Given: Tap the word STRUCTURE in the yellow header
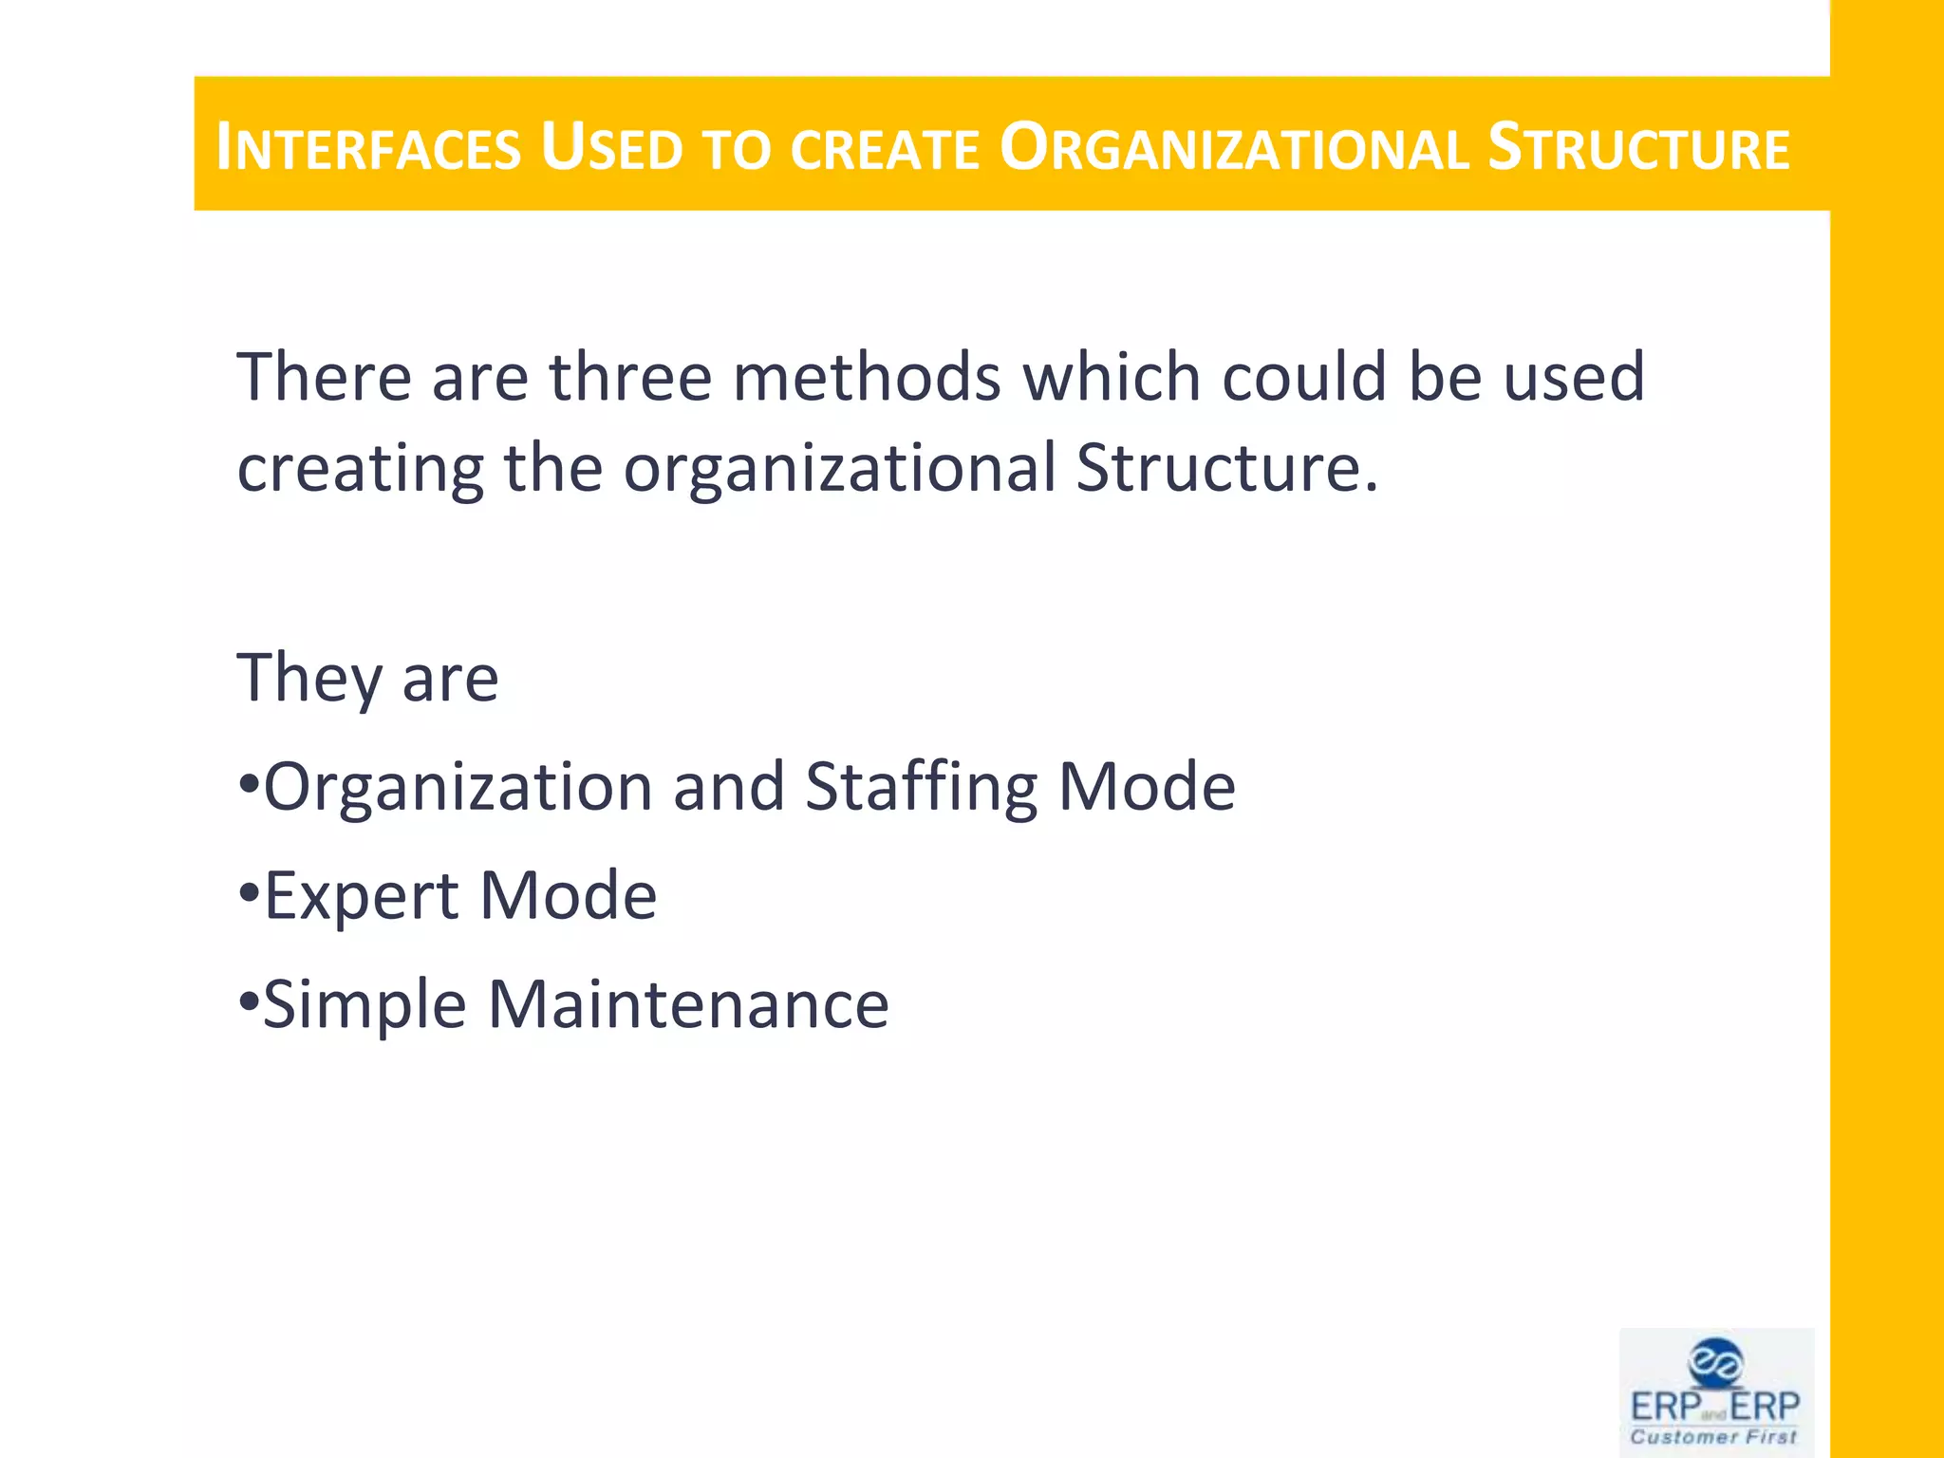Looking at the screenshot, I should pos(1638,148).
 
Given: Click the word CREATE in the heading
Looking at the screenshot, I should pos(884,150).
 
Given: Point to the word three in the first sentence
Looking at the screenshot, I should pos(630,377).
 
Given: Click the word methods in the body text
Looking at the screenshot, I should pos(867,377).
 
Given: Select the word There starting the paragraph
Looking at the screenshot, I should pos(323,377).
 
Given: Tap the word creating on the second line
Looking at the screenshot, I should pos(360,468).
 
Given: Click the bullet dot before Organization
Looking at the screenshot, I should pos(248,786).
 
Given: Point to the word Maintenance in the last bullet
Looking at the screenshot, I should pos(688,1004).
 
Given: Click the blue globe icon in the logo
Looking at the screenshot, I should pos(1715,1363).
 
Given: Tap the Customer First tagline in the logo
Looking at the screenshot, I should pos(1713,1437).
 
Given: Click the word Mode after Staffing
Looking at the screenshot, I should pos(1146,787).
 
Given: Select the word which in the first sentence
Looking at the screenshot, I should pos(1111,377).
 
